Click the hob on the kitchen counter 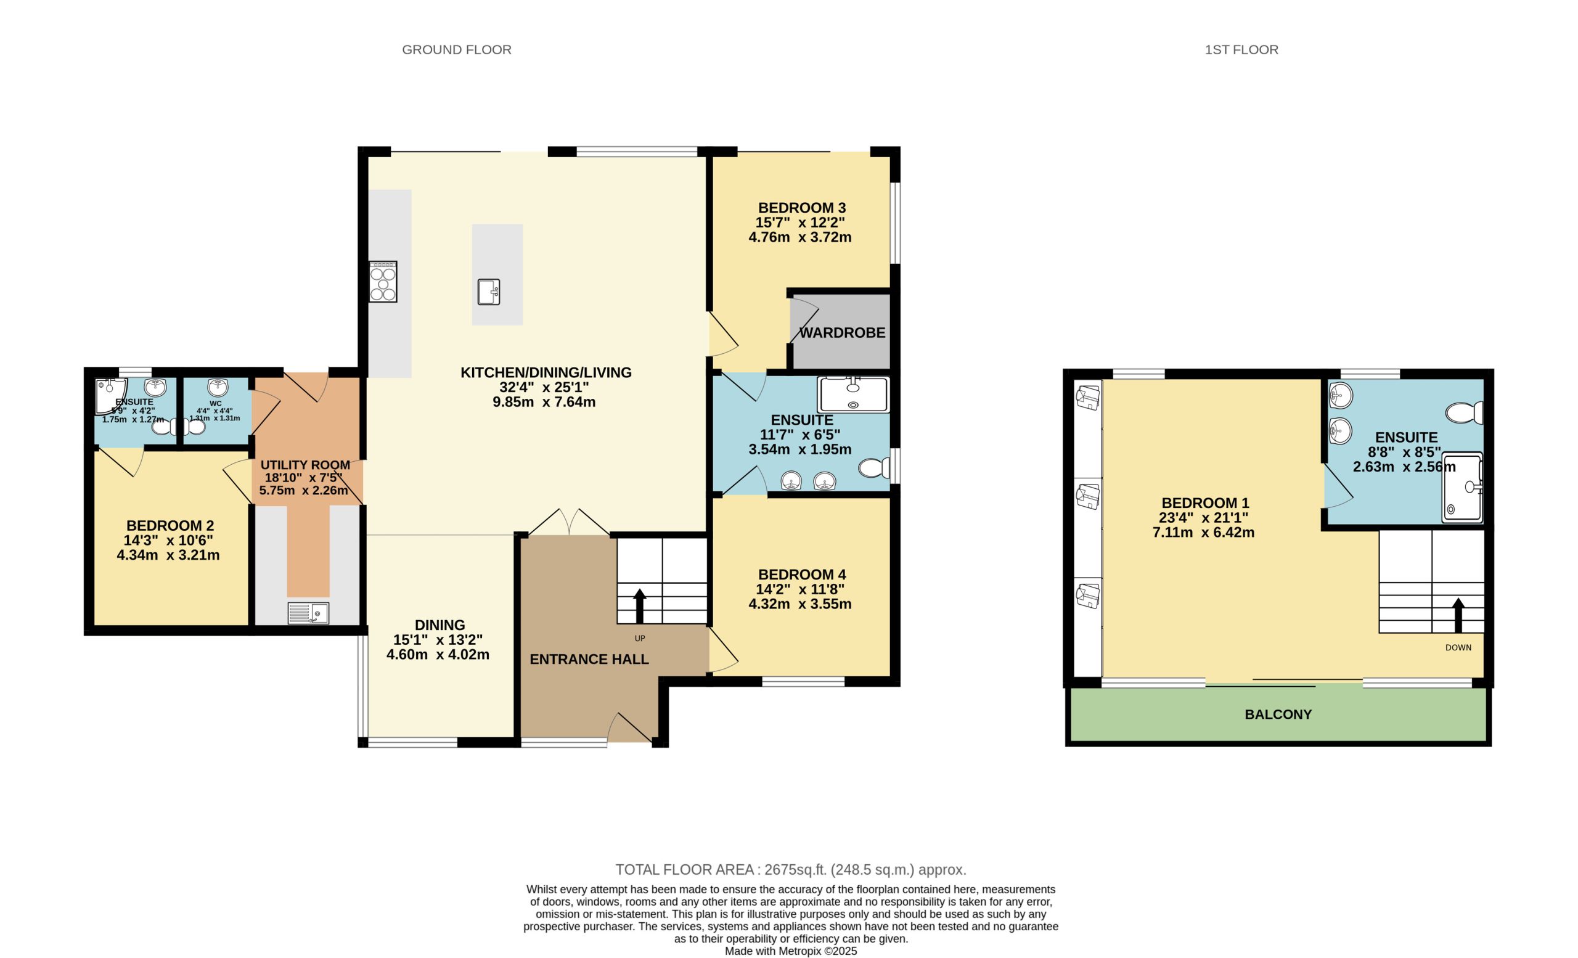[x=383, y=281]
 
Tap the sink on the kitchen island [x=489, y=292]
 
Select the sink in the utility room [x=308, y=613]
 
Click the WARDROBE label [x=842, y=333]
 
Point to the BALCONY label [x=1278, y=714]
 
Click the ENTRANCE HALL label [x=589, y=659]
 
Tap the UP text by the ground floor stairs [x=640, y=639]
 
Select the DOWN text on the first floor [x=1458, y=647]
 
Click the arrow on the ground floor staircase [x=640, y=606]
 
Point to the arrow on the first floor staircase [x=1458, y=615]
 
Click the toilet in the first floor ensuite [x=1465, y=412]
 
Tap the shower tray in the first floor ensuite [x=1463, y=488]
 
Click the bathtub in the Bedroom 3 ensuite [x=854, y=395]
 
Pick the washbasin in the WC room [x=218, y=387]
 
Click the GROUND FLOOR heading [x=457, y=49]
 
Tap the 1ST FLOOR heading [x=1241, y=49]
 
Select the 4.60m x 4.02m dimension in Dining [x=438, y=655]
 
